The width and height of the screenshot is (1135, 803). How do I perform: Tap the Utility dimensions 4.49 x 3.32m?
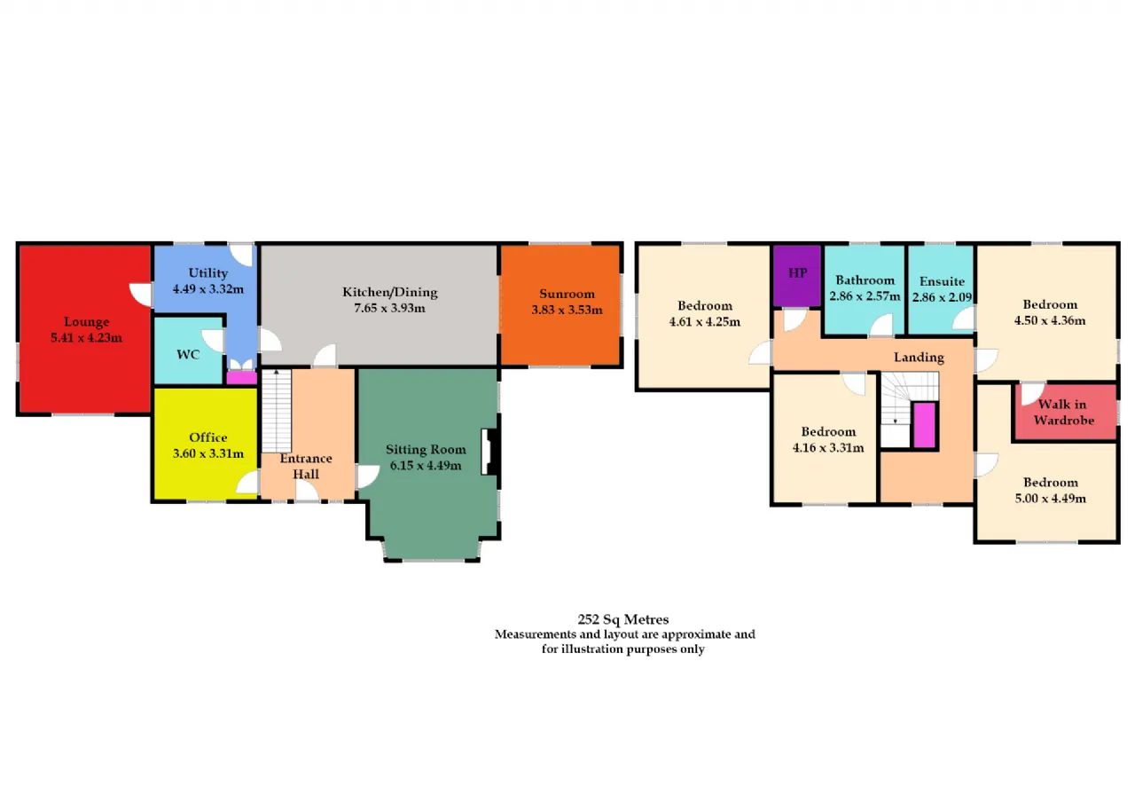tap(207, 289)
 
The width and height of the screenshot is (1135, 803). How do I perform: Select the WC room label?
tap(188, 354)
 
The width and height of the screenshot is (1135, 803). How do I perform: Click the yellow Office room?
tap(205, 444)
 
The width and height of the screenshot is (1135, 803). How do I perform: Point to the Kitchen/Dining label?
tap(389, 292)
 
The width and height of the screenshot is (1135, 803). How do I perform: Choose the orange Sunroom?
tap(560, 304)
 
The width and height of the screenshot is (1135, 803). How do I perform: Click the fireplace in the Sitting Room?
tap(490, 452)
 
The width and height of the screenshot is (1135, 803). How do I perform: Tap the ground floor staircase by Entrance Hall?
tap(276, 411)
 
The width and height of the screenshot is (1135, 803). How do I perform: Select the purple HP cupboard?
tap(797, 276)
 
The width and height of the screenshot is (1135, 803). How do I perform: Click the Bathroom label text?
tap(865, 279)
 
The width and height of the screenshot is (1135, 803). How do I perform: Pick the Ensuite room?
tap(941, 290)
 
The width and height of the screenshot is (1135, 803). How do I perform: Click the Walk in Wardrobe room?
tap(1066, 412)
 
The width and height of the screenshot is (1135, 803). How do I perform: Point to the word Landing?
tap(919, 357)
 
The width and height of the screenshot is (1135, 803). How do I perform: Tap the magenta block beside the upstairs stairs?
tap(925, 425)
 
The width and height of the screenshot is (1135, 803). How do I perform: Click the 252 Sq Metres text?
tap(623, 619)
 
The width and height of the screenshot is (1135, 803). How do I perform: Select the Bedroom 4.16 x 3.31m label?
tap(828, 439)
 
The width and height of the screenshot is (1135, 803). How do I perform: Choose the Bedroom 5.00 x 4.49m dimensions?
tap(1051, 499)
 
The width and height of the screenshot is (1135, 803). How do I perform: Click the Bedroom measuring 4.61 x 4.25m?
tap(703, 318)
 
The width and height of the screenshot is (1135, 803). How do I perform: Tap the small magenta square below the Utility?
tap(241, 378)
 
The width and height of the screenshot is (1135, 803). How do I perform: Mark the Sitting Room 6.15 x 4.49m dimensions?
tap(426, 465)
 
